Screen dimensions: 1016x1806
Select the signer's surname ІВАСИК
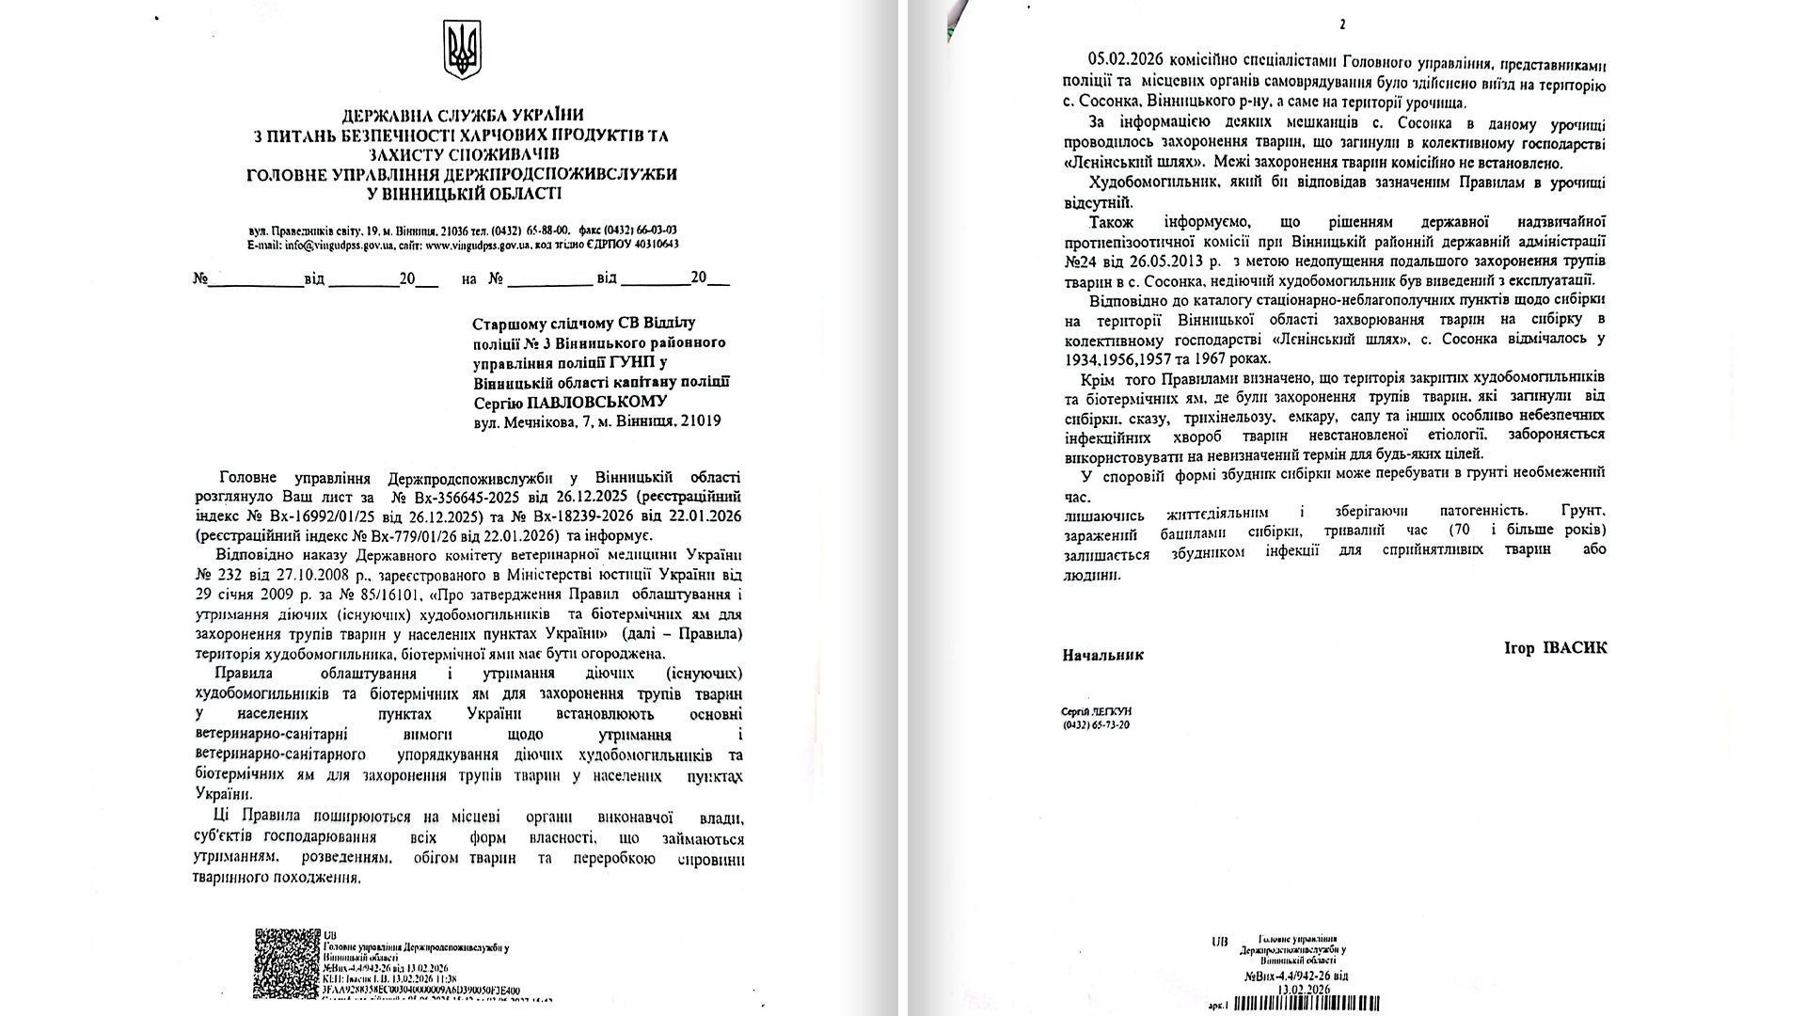tap(1552, 648)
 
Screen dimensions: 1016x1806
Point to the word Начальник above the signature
tap(1102, 655)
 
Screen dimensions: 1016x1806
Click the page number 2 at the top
tap(1342, 25)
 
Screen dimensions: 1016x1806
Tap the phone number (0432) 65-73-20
tap(1096, 725)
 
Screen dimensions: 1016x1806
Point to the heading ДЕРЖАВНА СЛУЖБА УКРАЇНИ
tap(461, 117)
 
